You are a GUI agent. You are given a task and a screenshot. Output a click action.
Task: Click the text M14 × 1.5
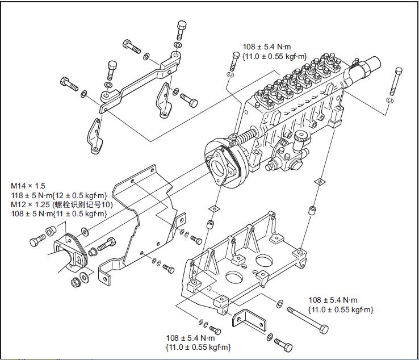tap(28, 186)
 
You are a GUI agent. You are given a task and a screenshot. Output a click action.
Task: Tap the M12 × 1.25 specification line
tap(63, 204)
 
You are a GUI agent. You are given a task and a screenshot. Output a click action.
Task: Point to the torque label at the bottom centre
tap(198, 341)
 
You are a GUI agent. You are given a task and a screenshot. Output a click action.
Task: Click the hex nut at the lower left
tap(74, 282)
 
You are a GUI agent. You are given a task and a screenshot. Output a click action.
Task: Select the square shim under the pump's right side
tap(321, 182)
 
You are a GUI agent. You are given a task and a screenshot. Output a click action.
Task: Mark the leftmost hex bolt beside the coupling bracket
tap(37, 241)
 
